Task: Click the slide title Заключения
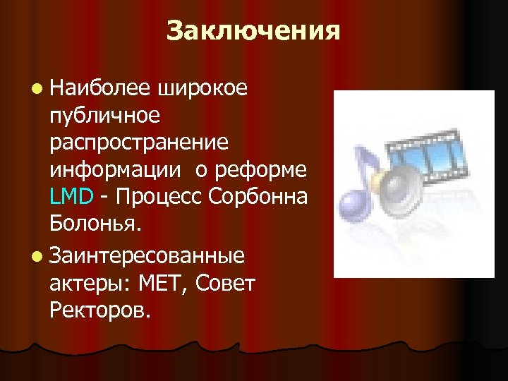(253, 31)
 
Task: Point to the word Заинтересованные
(147, 252)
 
